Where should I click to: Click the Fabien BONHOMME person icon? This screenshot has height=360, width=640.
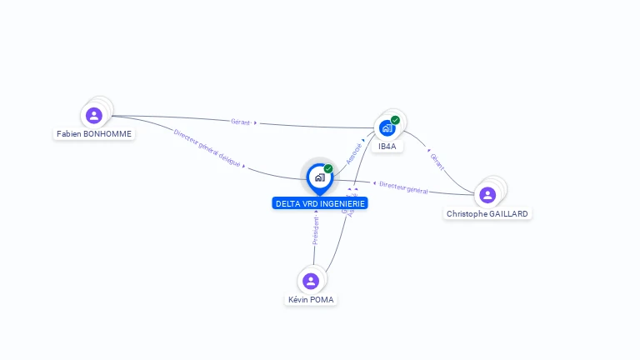coord(93,115)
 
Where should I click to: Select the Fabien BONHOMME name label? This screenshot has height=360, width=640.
coord(94,133)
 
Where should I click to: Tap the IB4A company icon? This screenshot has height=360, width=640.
coord(387,128)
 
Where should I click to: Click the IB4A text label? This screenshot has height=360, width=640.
coord(387,146)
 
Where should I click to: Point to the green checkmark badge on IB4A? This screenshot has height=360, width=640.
coord(395,120)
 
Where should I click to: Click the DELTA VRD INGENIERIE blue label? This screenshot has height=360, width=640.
coord(320,203)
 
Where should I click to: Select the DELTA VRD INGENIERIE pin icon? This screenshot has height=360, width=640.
coord(319,177)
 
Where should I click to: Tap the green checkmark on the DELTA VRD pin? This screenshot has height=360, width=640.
coord(328,169)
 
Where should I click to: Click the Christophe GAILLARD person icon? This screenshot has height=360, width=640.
coord(487,195)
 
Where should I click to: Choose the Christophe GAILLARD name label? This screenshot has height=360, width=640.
coord(487,213)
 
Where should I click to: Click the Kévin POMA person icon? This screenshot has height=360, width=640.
coord(311,281)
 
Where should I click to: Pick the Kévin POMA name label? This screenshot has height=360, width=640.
coord(312,299)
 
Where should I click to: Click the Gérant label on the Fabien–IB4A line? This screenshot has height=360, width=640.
coord(241,122)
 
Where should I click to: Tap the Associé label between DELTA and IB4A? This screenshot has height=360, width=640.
coord(354,152)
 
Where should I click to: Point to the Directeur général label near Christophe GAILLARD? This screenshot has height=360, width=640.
coord(403,188)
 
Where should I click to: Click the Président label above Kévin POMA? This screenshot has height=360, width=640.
coord(316,230)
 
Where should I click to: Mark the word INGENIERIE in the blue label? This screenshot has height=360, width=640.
coord(342,203)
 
